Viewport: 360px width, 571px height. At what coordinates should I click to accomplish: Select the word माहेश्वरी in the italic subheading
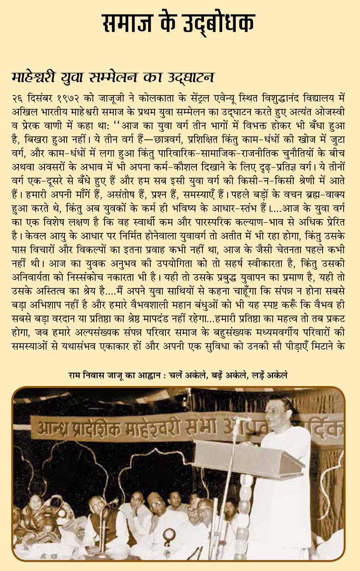pyautogui.click(x=35, y=77)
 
